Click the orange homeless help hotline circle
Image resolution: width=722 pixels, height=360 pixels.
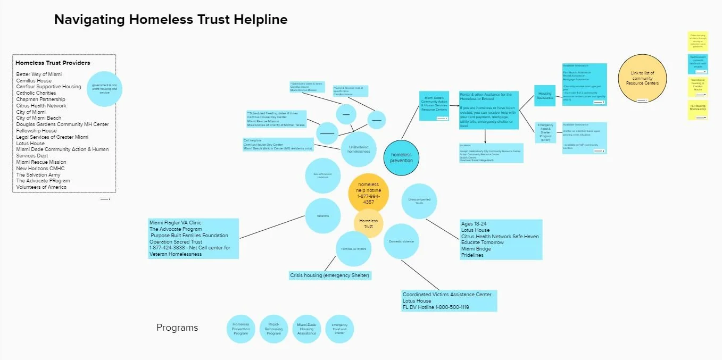click(x=369, y=194)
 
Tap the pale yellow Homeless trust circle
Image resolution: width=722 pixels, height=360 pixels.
click(x=369, y=223)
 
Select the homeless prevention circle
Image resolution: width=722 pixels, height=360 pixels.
click(x=401, y=157)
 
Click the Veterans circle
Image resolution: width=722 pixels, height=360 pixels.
click(x=323, y=216)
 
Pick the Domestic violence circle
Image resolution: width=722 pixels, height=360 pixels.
click(x=401, y=241)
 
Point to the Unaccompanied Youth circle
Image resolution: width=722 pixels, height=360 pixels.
click(x=419, y=201)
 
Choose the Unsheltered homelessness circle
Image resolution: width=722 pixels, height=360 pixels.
click(x=359, y=149)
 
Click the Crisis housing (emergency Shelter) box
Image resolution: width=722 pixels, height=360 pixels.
click(x=329, y=275)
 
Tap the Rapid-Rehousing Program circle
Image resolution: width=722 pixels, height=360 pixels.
click(x=273, y=329)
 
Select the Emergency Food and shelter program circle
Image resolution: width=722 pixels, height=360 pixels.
click(x=339, y=329)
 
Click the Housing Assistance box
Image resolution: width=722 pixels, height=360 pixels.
click(x=545, y=96)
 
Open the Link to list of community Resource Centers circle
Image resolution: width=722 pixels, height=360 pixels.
click(x=642, y=78)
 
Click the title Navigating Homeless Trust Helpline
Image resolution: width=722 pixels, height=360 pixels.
click(x=171, y=20)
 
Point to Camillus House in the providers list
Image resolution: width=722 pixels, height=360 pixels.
click(x=34, y=81)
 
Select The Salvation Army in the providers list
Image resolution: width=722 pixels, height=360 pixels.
click(x=38, y=174)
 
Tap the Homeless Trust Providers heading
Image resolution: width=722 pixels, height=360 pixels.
click(x=53, y=63)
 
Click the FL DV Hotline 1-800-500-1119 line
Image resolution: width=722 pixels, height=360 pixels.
click(x=436, y=307)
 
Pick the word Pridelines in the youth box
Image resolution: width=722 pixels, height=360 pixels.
click(x=472, y=255)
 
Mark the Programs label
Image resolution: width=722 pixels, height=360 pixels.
click(x=177, y=328)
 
